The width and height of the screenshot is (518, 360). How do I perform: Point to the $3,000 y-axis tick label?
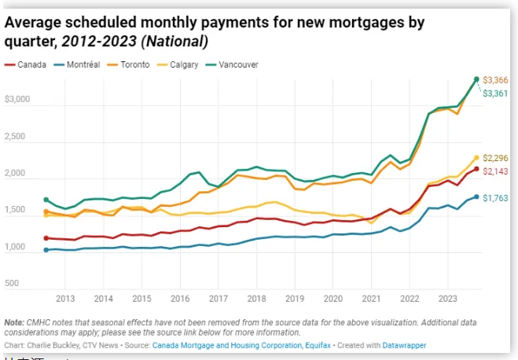[17, 100]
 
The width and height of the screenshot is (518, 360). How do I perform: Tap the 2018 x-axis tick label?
[255, 299]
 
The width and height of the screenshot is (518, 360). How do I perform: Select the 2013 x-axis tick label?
[65, 299]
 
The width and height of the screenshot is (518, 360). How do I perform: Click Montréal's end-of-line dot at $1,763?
[476, 197]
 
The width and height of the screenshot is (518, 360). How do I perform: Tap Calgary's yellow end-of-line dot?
[476, 157]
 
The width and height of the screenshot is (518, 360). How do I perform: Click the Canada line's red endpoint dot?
[476, 169]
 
